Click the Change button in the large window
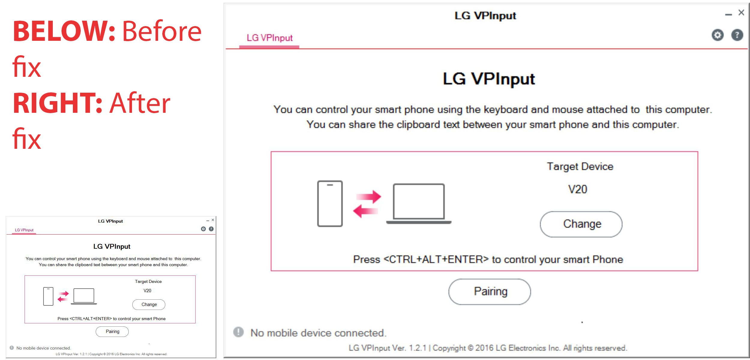pyautogui.click(x=581, y=224)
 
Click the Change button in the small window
pyautogui.click(x=149, y=304)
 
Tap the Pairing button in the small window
pyautogui.click(x=112, y=331)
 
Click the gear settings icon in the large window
pyautogui.click(x=718, y=35)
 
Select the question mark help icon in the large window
pyautogui.click(x=737, y=35)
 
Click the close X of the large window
pyautogui.click(x=741, y=13)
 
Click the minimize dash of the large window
pyautogui.click(x=728, y=15)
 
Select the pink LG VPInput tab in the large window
pyautogui.click(x=269, y=38)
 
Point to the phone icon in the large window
pyautogui.click(x=330, y=204)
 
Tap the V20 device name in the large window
pyautogui.click(x=577, y=189)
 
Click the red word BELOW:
pyautogui.click(x=64, y=31)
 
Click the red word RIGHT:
pyautogui.click(x=58, y=103)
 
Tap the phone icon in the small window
pyautogui.click(x=48, y=296)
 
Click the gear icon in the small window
pyautogui.click(x=203, y=229)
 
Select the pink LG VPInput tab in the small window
pyautogui.click(x=24, y=230)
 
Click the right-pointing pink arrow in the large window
pyautogui.click(x=369, y=196)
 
